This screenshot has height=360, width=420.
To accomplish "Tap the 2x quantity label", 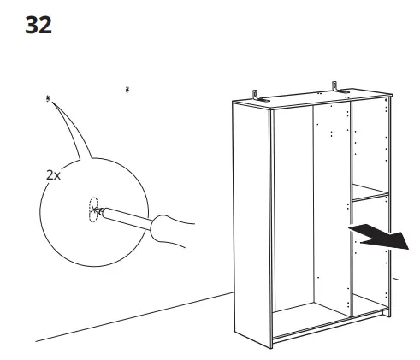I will [x=53, y=174].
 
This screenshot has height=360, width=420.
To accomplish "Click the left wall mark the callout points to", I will [x=47, y=100].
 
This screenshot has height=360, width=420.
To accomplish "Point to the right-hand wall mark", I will [x=127, y=88].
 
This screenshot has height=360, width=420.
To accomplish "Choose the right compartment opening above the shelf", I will [x=370, y=145].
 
